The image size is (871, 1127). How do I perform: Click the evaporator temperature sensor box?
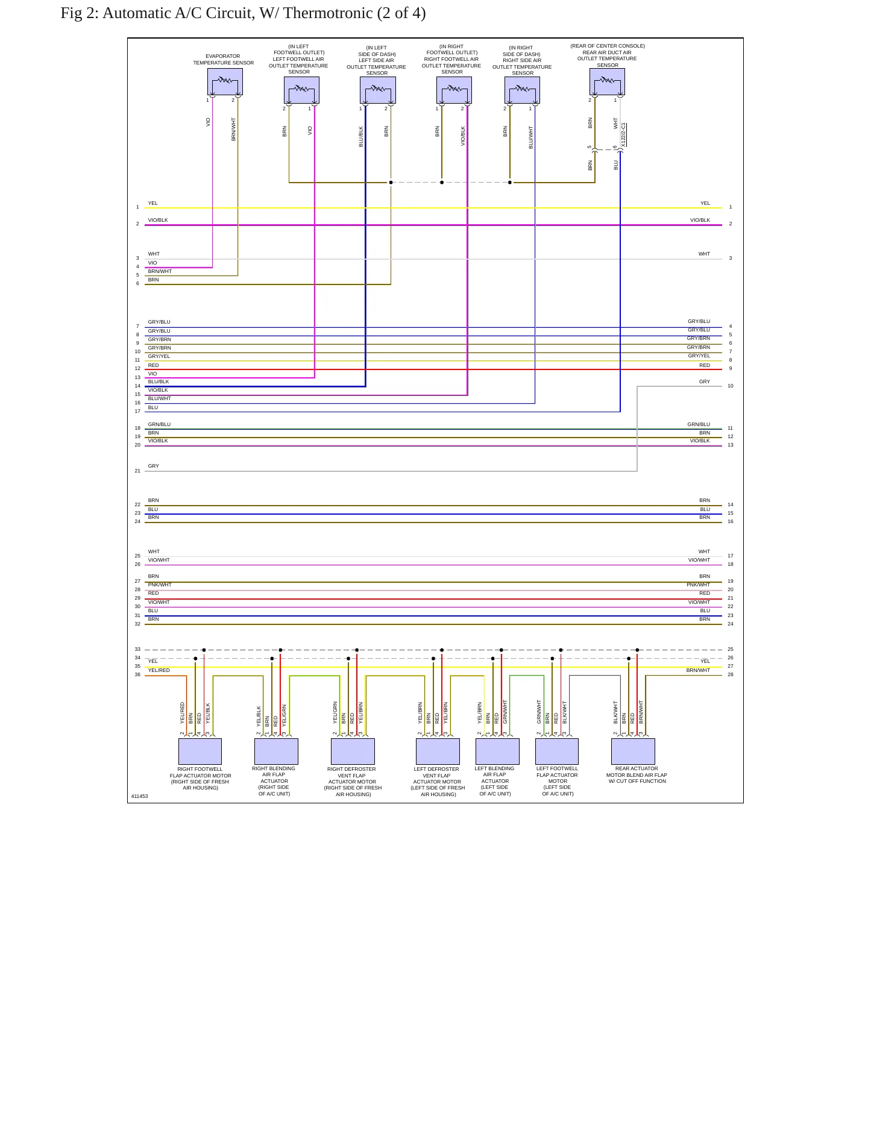[225, 81]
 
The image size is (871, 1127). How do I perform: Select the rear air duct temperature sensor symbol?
[607, 81]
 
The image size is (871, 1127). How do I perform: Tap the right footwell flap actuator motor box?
[200, 752]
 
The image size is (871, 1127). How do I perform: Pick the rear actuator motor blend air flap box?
[633, 752]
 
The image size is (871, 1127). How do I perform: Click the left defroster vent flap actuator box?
[438, 752]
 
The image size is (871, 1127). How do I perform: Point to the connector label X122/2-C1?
[624, 135]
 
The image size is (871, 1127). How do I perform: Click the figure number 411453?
[139, 796]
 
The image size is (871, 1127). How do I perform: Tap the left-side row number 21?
[137, 471]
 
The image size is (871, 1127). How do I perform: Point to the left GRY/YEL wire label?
[159, 356]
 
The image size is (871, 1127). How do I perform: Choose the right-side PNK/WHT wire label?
[698, 585]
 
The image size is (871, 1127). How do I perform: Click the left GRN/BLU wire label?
[159, 424]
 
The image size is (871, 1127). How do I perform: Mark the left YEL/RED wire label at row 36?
[159, 670]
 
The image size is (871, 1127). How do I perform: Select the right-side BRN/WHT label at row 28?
[698, 670]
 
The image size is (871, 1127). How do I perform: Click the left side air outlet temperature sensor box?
[378, 90]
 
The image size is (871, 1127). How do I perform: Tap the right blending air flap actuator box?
[276, 752]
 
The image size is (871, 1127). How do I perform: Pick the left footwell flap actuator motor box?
[557, 752]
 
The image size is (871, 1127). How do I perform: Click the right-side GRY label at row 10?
[705, 381]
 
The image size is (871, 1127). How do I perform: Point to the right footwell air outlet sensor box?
[454, 90]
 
